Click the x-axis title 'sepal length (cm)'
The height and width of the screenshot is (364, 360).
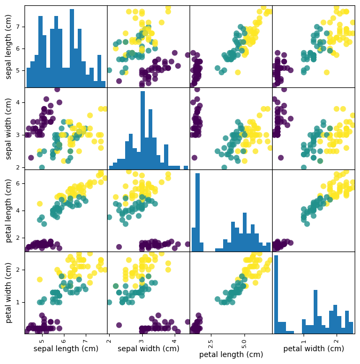[x=66, y=349]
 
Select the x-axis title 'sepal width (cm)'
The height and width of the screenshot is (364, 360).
[x=148, y=349]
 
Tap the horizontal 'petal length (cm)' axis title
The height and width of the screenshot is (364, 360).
[x=231, y=354]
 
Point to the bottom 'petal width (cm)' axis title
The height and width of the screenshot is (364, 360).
[x=313, y=349]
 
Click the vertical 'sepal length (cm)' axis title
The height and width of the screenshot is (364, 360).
[x=9, y=46]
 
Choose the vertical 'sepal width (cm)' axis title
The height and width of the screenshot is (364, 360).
[x=9, y=128]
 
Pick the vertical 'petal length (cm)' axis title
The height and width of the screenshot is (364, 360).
[x=9, y=211]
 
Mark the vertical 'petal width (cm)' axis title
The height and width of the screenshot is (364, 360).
[x=9, y=293]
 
